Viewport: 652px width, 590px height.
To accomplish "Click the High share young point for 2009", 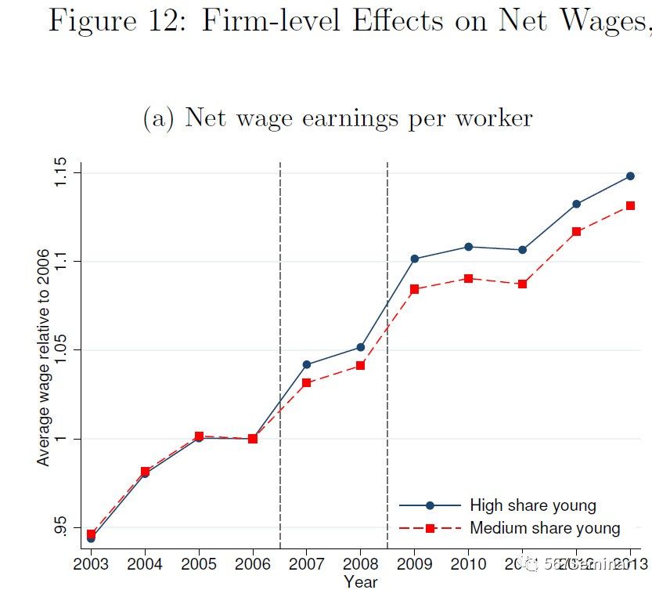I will [x=414, y=259].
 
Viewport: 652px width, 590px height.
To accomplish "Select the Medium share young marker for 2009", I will [x=414, y=289].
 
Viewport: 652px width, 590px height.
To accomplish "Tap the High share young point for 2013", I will [x=630, y=176].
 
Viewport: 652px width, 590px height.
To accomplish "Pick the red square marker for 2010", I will [x=468, y=278].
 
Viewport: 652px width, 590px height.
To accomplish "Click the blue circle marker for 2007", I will [x=307, y=364].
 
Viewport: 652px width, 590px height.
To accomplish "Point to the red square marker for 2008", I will [x=360, y=365].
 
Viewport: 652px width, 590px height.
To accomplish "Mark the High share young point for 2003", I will [x=91, y=538].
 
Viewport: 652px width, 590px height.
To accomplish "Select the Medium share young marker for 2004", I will [x=145, y=472].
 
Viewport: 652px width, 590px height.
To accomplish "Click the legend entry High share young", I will [x=532, y=505].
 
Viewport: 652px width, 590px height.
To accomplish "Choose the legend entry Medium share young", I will [x=545, y=528].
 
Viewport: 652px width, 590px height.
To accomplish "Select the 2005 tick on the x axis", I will [x=199, y=563].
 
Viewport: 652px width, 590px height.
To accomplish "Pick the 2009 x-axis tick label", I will [x=414, y=563].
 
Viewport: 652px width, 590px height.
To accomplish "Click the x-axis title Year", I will [x=360, y=581].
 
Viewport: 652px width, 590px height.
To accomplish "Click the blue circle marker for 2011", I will [x=522, y=249].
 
